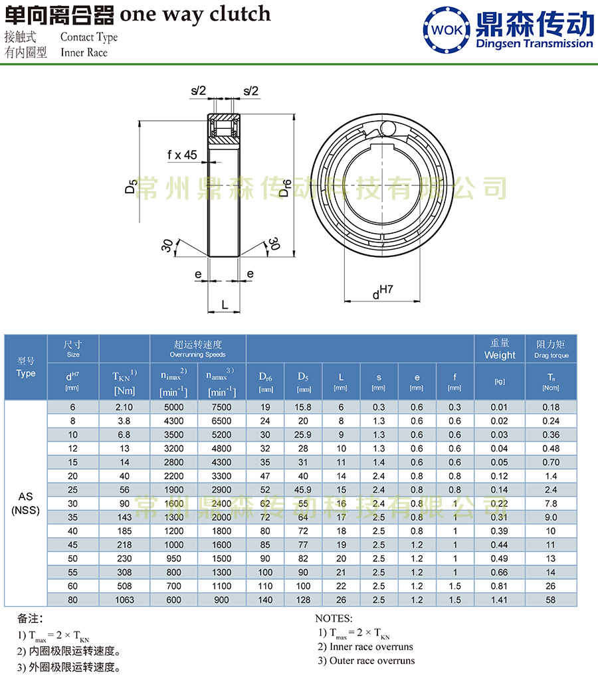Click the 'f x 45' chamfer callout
click(x=182, y=155)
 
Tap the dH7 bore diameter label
click(x=383, y=291)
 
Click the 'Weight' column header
click(x=500, y=355)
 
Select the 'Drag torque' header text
click(x=551, y=355)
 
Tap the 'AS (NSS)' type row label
click(x=26, y=503)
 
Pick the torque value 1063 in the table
click(x=124, y=600)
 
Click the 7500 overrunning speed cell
click(x=221, y=407)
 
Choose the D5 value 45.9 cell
click(x=303, y=490)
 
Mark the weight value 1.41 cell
click(x=500, y=600)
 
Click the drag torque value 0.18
click(x=551, y=407)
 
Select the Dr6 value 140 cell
click(x=265, y=600)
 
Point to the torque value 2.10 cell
click(x=124, y=407)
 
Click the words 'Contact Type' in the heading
click(x=88, y=37)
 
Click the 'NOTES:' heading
click(x=334, y=618)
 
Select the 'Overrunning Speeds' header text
click(x=198, y=355)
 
